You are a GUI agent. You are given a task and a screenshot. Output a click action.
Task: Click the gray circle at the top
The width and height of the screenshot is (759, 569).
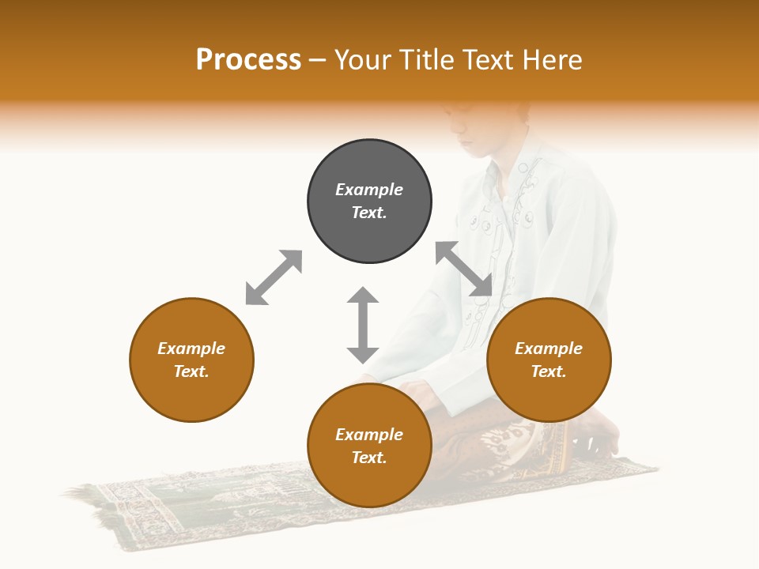pos(369,202)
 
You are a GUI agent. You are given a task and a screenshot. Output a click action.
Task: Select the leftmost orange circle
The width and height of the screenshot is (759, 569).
pos(191,360)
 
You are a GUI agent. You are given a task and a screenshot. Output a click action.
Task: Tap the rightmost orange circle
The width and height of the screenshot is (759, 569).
pos(549,360)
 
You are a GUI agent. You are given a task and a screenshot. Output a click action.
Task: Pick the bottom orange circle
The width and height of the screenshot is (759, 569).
pos(369,446)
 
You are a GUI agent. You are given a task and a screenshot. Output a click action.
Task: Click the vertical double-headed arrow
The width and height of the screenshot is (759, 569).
pos(363,325)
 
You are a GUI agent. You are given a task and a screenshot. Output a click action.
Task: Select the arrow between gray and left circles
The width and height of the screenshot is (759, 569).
pos(274,277)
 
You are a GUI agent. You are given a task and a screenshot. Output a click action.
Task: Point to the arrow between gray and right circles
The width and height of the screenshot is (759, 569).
pos(464,269)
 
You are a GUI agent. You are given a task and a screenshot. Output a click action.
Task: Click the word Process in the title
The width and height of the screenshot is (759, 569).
pos(248,59)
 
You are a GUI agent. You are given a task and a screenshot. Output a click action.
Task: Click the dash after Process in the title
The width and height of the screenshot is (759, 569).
pos(318,60)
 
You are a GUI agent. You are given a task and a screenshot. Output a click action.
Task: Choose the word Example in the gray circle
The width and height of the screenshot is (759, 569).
pos(369,190)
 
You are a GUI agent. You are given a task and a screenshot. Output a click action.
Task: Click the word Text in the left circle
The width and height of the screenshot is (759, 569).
pos(191,371)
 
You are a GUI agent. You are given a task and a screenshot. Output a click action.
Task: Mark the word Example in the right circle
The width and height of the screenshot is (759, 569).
pos(549,349)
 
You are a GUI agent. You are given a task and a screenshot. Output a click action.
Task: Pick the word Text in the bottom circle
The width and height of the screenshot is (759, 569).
pos(369,458)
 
